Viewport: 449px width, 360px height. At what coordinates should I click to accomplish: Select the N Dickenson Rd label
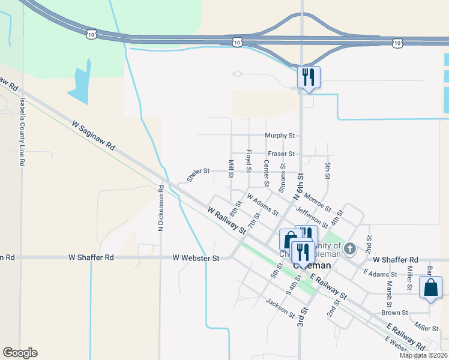click(x=161, y=208)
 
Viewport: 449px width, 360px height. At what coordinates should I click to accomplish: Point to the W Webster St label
click(x=196, y=258)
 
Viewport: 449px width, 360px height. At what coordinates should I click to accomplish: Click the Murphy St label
click(x=280, y=136)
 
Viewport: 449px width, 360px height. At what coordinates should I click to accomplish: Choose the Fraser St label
click(x=281, y=154)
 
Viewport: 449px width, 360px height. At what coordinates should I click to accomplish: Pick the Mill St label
click(x=231, y=169)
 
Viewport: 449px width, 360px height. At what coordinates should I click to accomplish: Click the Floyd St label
click(x=248, y=160)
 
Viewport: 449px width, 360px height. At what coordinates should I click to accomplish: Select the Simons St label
click(x=282, y=179)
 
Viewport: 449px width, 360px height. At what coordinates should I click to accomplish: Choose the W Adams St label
click(x=262, y=204)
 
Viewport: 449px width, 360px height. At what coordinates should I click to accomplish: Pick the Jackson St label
click(x=280, y=309)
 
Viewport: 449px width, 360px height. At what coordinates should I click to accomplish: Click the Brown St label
click(x=394, y=313)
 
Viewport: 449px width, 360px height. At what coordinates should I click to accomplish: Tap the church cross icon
click(x=351, y=247)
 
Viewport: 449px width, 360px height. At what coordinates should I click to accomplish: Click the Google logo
click(x=20, y=353)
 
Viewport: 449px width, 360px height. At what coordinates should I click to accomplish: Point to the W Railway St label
click(x=227, y=221)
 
